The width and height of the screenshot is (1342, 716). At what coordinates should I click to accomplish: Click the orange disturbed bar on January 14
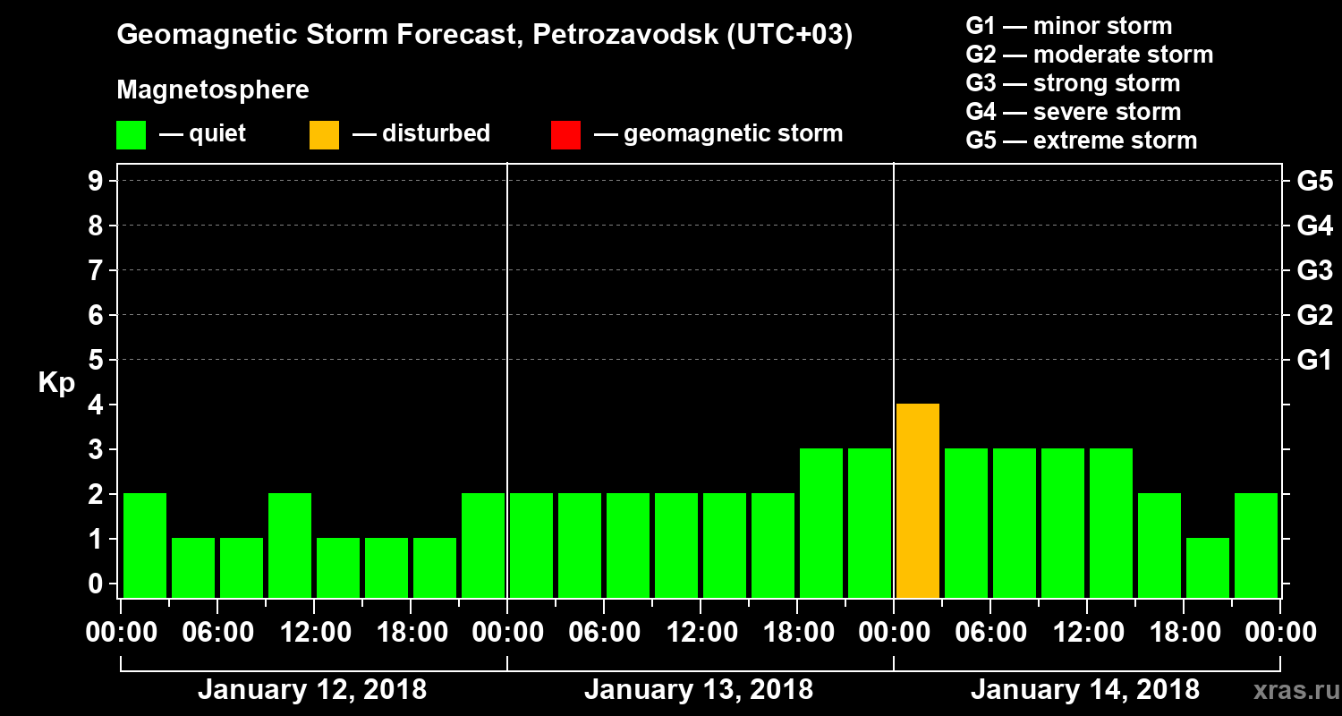pyautogui.click(x=918, y=500)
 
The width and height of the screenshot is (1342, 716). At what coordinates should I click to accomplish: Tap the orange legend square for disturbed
pyautogui.click(x=324, y=135)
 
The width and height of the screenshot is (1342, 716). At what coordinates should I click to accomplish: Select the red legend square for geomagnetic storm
pyautogui.click(x=565, y=135)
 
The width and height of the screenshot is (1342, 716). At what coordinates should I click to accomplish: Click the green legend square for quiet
pyautogui.click(x=131, y=135)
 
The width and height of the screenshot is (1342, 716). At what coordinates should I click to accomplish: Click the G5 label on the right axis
pyautogui.click(x=1314, y=182)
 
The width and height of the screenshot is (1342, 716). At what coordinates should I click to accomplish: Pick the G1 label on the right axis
pyautogui.click(x=1314, y=361)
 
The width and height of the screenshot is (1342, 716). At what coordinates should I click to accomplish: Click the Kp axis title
pyautogui.click(x=56, y=383)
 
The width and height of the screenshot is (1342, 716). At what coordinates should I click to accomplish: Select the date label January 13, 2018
pyautogui.click(x=699, y=690)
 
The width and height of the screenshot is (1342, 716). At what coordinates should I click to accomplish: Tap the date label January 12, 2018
pyautogui.click(x=312, y=690)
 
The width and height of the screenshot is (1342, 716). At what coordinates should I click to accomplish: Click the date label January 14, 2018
pyautogui.click(x=1085, y=690)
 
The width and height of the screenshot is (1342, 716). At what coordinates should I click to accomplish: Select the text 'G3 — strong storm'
pyautogui.click(x=1073, y=83)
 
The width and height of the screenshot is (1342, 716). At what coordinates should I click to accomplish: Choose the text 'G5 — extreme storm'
pyautogui.click(x=1081, y=141)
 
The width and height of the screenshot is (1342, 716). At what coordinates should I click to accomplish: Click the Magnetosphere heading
pyautogui.click(x=213, y=90)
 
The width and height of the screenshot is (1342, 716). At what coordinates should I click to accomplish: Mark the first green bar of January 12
pyautogui.click(x=145, y=545)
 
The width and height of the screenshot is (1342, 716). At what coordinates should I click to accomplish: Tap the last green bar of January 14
pyautogui.click(x=1256, y=545)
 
